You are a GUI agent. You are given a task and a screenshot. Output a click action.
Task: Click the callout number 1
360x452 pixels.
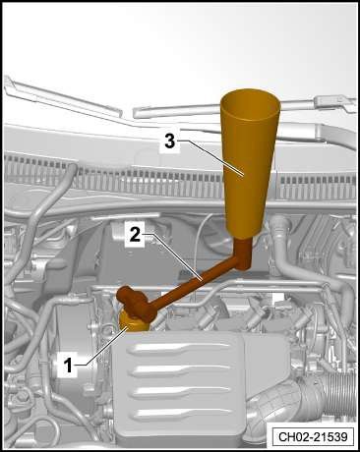(x=68, y=366)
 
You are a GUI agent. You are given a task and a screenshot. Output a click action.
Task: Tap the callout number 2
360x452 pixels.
(x=135, y=235)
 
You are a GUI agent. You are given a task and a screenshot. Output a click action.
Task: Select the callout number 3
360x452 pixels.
(x=169, y=141)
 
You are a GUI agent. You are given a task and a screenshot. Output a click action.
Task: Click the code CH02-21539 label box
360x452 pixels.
(x=313, y=437)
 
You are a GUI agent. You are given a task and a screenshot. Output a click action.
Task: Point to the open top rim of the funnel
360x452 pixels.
(x=251, y=104)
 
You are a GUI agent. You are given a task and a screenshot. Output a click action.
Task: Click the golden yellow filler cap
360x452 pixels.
(x=133, y=322)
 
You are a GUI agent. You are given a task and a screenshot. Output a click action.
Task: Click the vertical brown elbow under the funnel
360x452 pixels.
(x=244, y=254)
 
